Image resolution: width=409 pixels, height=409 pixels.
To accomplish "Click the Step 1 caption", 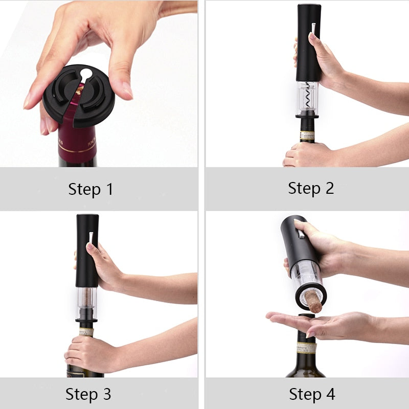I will [x=90, y=189].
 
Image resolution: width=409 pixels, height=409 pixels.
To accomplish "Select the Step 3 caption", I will [x=88, y=394].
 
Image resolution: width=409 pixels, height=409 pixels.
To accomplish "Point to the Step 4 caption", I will [x=312, y=394].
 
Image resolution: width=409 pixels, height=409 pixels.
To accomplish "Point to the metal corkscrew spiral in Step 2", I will [x=308, y=96].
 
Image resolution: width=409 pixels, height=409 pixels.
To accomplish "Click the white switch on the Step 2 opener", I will [x=313, y=27].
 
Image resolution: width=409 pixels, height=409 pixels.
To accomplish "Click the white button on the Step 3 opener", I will [x=91, y=237].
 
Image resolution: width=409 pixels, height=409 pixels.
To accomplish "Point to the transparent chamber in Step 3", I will [x=87, y=302].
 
